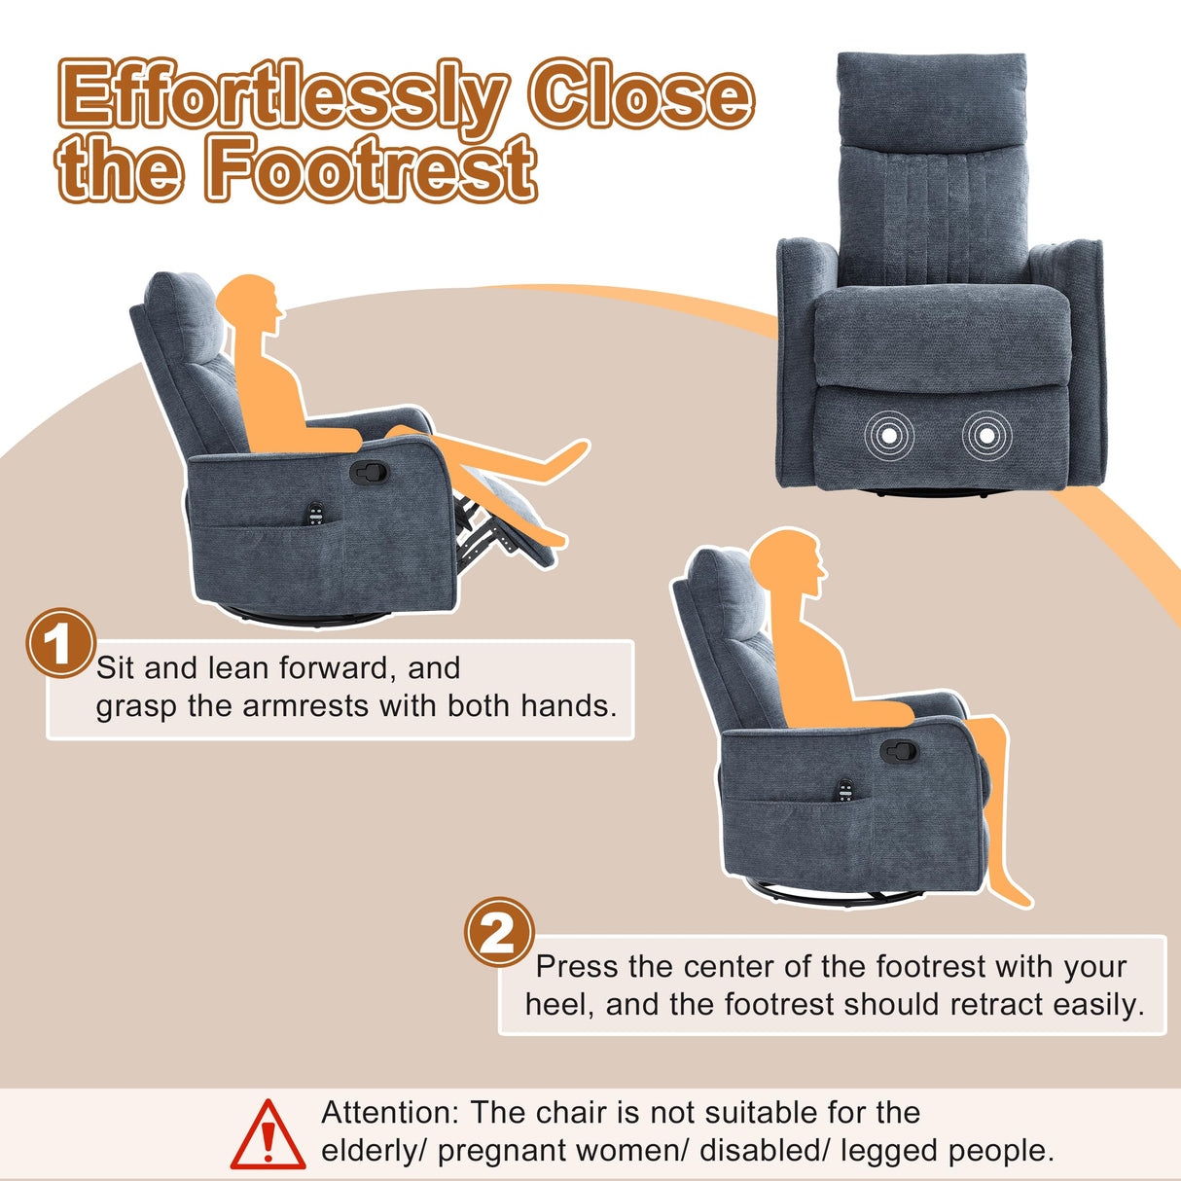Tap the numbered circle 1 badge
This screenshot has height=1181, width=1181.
59,643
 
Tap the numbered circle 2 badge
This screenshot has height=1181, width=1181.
499,932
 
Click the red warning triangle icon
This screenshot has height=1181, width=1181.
268,1134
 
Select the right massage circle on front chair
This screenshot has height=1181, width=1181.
986,436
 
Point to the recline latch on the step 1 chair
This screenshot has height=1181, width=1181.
369,473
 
